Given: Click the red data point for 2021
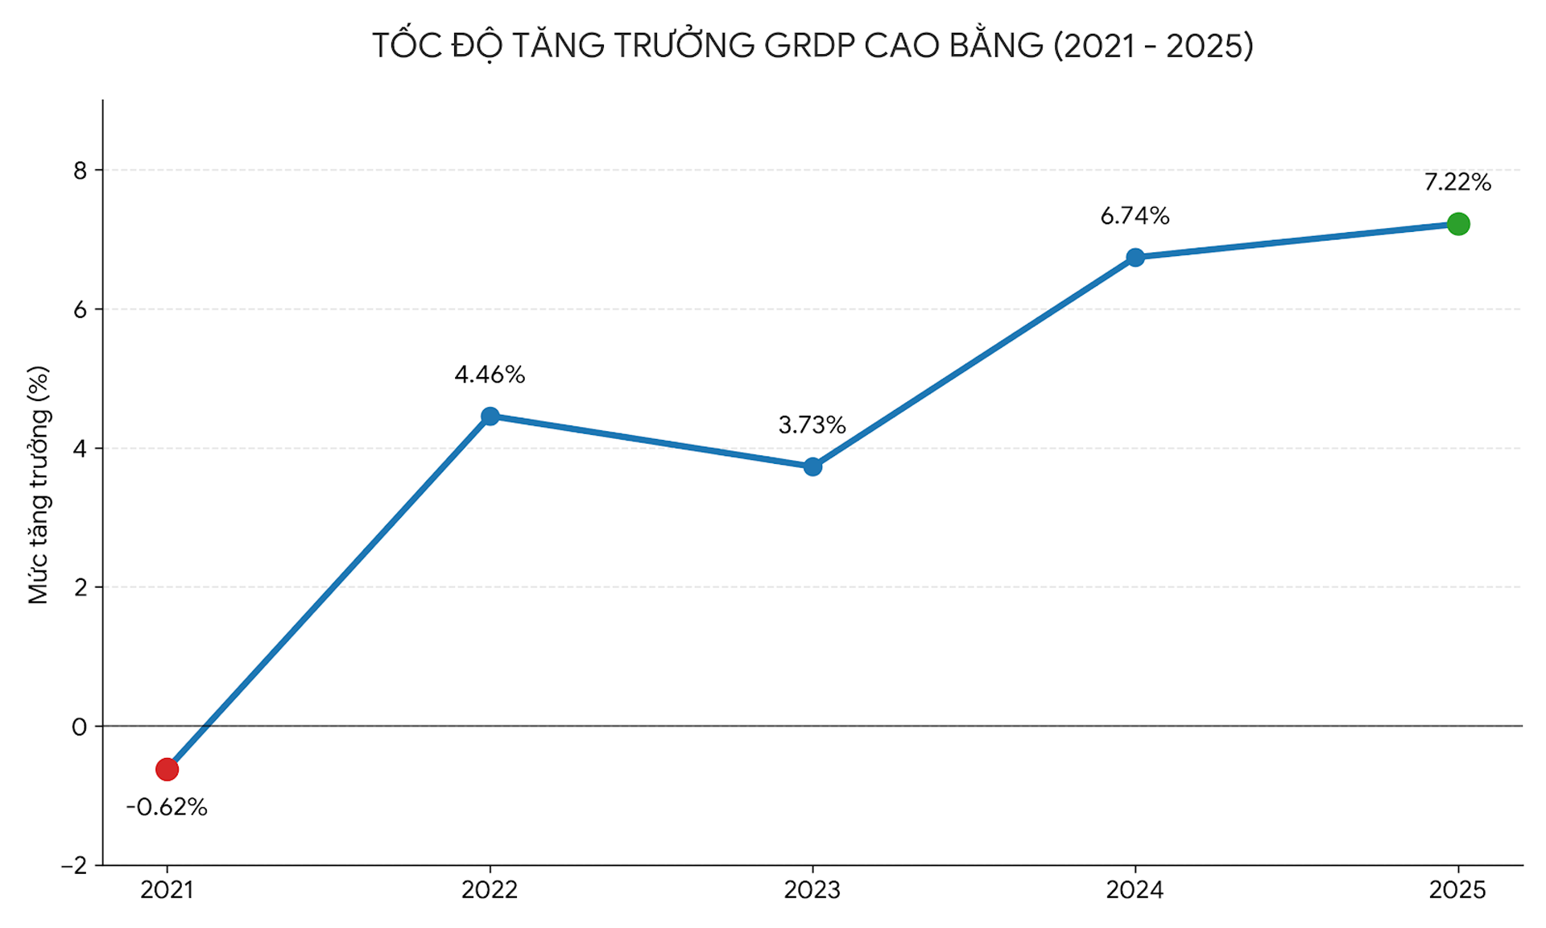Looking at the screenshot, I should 167,769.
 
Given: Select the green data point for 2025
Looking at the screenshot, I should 1457,224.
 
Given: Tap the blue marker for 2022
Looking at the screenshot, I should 490,416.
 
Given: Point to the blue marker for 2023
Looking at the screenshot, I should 812,466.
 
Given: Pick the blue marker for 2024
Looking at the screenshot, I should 1135,257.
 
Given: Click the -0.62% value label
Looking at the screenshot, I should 167,807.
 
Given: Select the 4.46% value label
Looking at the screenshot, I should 490,375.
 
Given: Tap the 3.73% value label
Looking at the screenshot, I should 812,425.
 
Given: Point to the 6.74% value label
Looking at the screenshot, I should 1135,216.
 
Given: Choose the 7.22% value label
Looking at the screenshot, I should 1457,183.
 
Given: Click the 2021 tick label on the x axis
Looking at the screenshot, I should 167,890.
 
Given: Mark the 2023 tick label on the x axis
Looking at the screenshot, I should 812,890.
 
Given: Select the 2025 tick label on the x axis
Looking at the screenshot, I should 1457,890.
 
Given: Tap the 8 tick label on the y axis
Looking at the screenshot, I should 80,171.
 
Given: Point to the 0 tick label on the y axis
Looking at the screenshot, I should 79,727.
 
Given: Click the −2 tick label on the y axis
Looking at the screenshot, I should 74,866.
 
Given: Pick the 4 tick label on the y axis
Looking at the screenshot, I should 80,449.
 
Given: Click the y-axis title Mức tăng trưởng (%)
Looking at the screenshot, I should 39,485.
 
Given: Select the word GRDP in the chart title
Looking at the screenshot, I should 809,46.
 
